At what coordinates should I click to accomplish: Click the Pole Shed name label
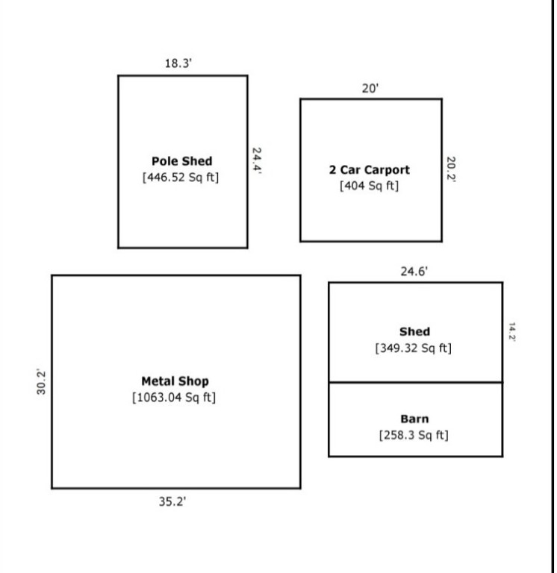click(181, 161)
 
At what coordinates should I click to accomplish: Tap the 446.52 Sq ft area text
click(181, 178)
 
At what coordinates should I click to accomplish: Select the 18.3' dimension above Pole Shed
click(179, 63)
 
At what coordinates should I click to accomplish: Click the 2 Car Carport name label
click(370, 169)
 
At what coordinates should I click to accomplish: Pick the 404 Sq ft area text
click(370, 185)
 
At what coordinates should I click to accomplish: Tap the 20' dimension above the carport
click(370, 88)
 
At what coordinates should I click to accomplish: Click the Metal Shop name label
click(175, 381)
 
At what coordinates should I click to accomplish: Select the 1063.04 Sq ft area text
click(174, 397)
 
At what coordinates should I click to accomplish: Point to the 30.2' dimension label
click(43, 382)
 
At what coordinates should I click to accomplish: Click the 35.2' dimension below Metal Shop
click(172, 501)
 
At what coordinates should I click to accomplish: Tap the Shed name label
click(414, 331)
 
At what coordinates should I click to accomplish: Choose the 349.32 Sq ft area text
click(414, 348)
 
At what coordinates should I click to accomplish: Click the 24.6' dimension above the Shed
click(414, 272)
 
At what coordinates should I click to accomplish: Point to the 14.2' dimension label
click(512, 332)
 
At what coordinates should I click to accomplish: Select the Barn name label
click(414, 419)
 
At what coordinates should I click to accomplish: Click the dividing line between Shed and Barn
click(415, 382)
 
